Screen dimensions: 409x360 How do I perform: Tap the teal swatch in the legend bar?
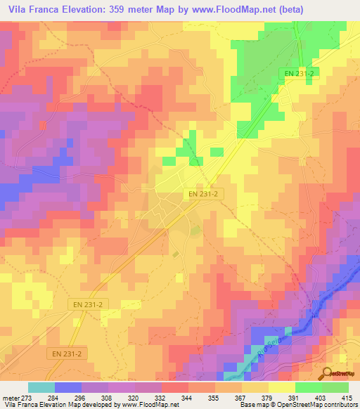point(41,387)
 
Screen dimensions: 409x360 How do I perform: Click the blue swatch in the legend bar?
point(67,387)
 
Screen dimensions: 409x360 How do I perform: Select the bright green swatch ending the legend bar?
point(335,387)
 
